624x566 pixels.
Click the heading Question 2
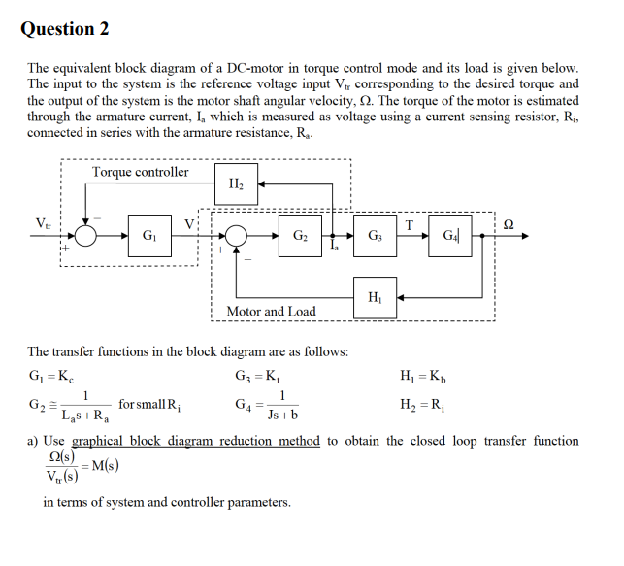[x=65, y=28]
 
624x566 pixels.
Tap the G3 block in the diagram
[x=374, y=235]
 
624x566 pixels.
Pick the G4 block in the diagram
[x=451, y=235]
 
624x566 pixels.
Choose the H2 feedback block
[x=236, y=183]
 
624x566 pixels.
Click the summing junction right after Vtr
[x=87, y=235]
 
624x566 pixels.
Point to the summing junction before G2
[x=236, y=235]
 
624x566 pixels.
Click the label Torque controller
[x=141, y=172]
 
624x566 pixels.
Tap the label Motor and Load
[x=271, y=312]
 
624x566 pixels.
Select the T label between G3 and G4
[x=411, y=223]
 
